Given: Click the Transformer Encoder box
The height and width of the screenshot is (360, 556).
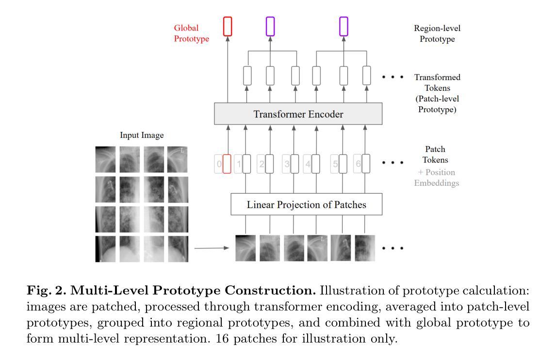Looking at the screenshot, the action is click(x=298, y=114).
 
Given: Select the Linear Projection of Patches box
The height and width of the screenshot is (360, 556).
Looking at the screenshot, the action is click(x=306, y=204).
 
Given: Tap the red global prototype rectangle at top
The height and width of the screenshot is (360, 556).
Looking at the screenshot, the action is click(x=228, y=27).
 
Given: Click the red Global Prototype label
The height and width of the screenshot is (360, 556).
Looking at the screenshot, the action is click(x=192, y=33).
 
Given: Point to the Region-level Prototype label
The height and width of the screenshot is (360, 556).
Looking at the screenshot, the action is click(x=437, y=33).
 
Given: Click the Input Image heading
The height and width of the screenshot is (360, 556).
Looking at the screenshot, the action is click(x=142, y=135).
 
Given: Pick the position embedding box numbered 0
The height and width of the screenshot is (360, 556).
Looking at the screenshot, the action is click(x=218, y=164).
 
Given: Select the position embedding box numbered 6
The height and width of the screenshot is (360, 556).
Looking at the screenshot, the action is click(x=358, y=164).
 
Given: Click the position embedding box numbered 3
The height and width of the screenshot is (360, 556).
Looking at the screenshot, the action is click(x=286, y=164).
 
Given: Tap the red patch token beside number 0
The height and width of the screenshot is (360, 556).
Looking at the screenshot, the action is click(x=227, y=164).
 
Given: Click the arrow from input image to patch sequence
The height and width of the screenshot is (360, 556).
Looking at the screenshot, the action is click(x=212, y=248).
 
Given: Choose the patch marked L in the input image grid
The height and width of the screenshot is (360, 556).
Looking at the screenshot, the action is click(x=177, y=160).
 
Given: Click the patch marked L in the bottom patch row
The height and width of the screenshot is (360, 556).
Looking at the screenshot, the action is click(x=317, y=248).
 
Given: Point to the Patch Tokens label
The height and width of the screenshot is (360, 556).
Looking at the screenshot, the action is click(x=435, y=154).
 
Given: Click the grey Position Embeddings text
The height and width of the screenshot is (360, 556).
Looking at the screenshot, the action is click(x=437, y=178).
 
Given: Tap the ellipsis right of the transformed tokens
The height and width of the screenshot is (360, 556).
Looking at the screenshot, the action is click(x=393, y=77).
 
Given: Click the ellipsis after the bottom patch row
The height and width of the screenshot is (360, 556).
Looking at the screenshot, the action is click(x=393, y=248).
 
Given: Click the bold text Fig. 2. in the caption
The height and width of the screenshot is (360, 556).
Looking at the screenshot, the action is click(x=47, y=291).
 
